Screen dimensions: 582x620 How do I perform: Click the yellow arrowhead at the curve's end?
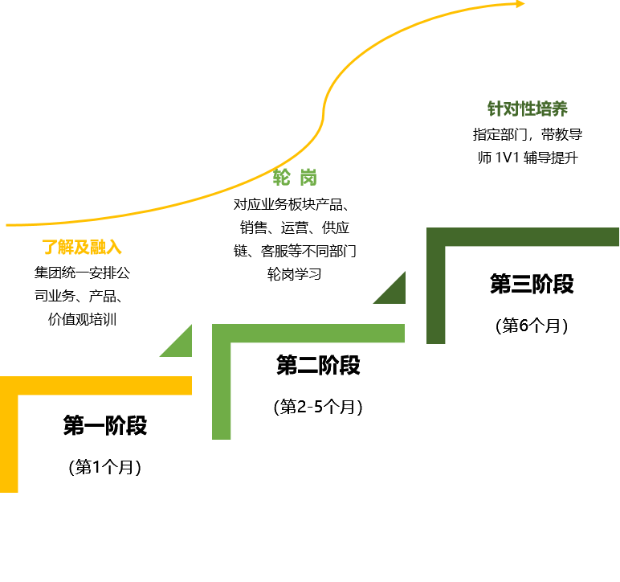click(x=520, y=4)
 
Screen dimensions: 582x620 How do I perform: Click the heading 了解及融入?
click(x=82, y=247)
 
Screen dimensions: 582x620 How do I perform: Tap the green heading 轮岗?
click(x=295, y=177)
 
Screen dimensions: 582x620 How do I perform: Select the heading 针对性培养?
click(x=528, y=109)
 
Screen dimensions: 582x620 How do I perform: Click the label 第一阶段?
click(x=105, y=425)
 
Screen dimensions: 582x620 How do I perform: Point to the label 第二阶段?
click(x=318, y=366)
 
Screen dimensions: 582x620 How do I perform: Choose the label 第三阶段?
click(x=532, y=284)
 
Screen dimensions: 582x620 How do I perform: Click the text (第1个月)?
click(x=105, y=467)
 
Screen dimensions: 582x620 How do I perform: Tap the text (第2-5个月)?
click(x=318, y=407)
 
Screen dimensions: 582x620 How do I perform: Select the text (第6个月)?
click(x=532, y=326)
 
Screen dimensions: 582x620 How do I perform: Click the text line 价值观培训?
click(x=82, y=318)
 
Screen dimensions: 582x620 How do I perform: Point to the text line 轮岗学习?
click(x=295, y=274)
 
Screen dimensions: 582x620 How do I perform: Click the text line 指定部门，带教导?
click(x=528, y=134)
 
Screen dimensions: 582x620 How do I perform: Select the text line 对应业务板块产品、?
click(x=295, y=203)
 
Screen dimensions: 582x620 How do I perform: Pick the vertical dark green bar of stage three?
click(x=435, y=293)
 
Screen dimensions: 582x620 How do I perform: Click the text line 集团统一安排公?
click(x=82, y=273)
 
